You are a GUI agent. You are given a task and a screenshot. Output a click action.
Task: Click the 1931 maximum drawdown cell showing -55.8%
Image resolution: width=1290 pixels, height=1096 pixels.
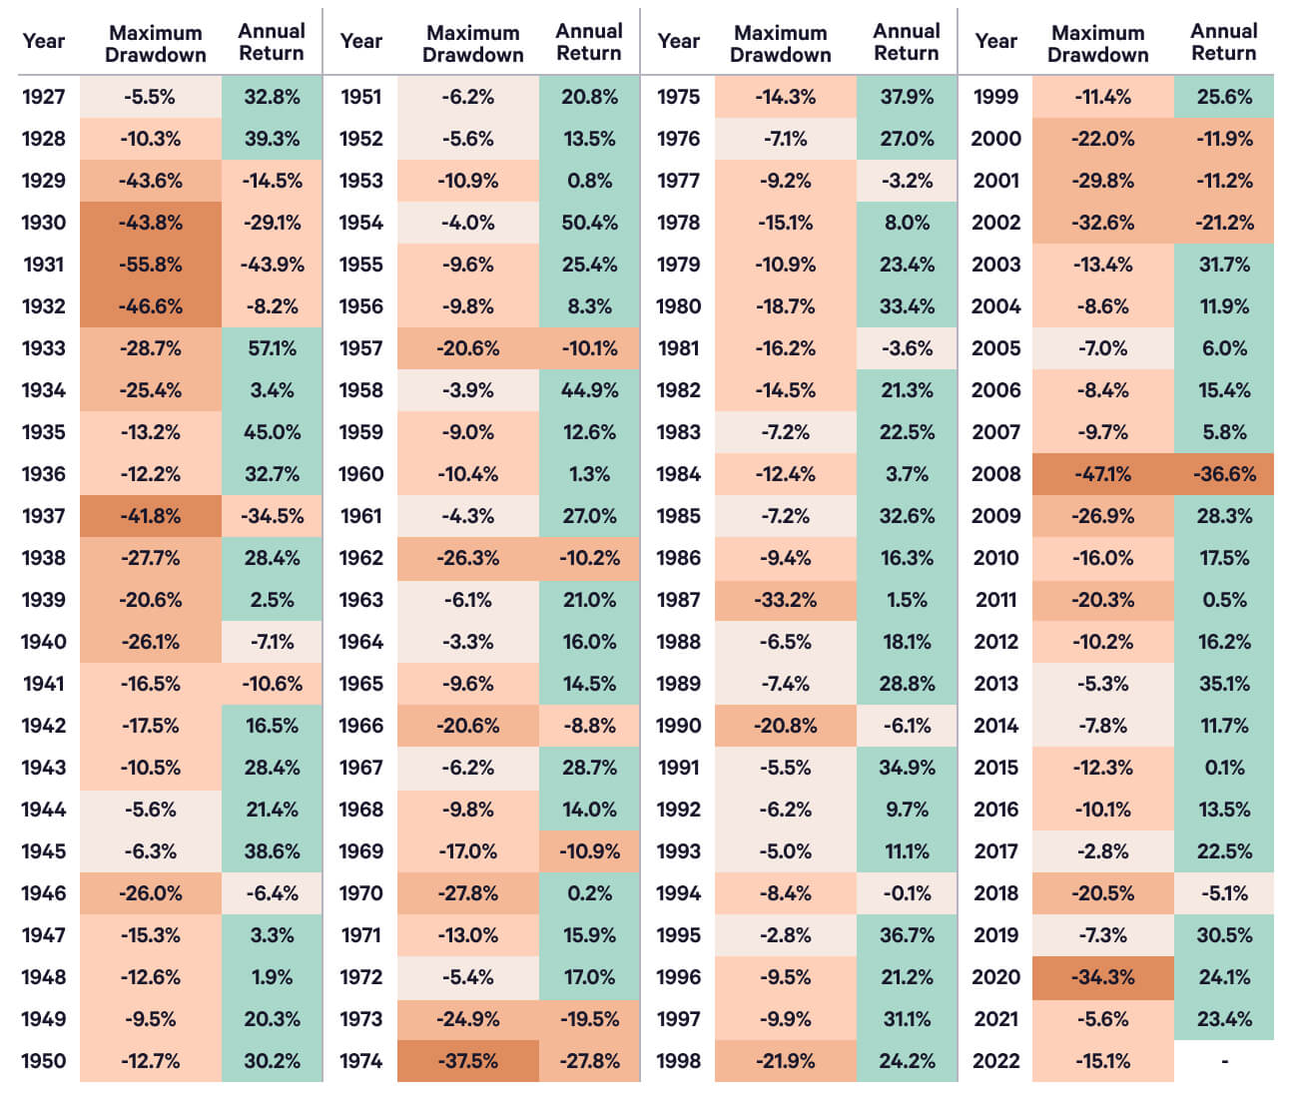(151, 265)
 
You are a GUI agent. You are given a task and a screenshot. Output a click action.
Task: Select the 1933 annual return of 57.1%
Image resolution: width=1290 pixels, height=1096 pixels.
(272, 348)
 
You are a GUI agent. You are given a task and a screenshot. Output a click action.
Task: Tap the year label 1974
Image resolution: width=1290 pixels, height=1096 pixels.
(360, 1061)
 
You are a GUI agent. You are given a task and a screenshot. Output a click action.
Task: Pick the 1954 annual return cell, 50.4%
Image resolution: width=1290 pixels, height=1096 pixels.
(589, 223)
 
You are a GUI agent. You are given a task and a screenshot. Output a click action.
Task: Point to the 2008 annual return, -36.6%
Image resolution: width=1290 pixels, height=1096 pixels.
(1224, 474)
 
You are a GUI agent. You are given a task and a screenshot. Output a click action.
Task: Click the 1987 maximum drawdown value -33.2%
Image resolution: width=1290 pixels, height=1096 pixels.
(785, 600)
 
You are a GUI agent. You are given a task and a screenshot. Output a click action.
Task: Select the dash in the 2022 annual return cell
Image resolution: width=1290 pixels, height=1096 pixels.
(1224, 1061)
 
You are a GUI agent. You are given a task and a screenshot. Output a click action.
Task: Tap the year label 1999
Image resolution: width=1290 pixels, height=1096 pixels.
(995, 97)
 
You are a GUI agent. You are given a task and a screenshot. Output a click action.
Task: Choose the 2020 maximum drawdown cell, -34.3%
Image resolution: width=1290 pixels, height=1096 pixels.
(1102, 977)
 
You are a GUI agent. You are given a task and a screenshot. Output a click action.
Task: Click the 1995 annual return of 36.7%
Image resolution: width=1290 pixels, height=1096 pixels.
(907, 935)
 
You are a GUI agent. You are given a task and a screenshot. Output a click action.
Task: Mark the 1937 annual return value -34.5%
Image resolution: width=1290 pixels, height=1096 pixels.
(272, 516)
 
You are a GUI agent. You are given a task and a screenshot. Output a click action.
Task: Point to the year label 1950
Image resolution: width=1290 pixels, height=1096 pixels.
(43, 1061)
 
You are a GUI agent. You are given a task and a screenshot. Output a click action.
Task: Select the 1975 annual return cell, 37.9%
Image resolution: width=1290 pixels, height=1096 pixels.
(907, 97)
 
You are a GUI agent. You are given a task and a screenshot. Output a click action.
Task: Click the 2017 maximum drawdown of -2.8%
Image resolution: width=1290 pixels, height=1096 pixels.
(1102, 851)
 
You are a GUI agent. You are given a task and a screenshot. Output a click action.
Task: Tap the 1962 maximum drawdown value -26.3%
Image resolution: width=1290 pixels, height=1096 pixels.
(467, 558)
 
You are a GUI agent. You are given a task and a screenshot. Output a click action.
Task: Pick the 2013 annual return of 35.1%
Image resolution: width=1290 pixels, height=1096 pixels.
(1224, 684)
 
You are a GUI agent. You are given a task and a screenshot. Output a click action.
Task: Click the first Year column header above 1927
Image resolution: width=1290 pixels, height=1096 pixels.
(43, 41)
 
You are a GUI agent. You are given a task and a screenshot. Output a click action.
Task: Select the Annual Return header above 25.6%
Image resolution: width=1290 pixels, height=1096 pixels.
(1224, 42)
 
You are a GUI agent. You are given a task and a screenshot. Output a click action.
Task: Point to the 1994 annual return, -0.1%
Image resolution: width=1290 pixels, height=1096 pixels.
(907, 893)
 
